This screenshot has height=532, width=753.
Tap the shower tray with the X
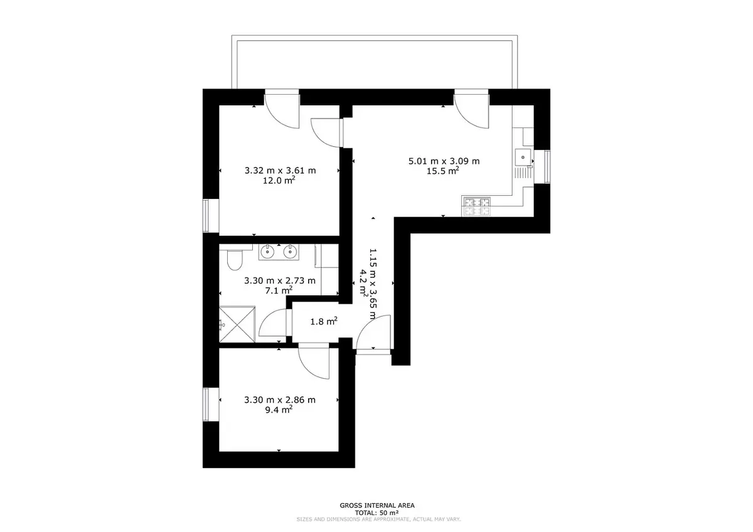[237, 324]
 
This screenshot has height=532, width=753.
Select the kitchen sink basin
[523, 157]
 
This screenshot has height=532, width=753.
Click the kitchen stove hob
[477, 206]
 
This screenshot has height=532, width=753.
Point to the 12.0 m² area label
[279, 181]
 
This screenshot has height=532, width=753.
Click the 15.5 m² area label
[443, 171]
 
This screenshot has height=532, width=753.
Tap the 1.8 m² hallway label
[324, 322]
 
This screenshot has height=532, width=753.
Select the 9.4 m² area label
[279, 410]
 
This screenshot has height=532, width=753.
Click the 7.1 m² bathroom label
[279, 290]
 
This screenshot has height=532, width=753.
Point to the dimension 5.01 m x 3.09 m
[444, 161]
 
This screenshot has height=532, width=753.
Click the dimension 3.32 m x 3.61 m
[280, 171]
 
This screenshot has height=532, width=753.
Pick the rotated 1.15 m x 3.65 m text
[373, 284]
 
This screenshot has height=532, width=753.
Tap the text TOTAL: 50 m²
[377, 513]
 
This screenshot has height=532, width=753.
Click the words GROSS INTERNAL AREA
[377, 506]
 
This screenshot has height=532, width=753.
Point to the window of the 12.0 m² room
[206, 216]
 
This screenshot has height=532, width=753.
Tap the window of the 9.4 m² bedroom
[206, 405]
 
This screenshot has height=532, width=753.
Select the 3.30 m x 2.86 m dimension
[280, 400]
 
